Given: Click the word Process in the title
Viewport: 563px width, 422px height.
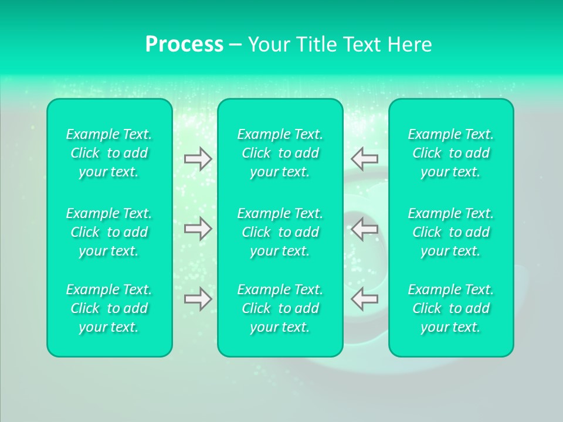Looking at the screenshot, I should (184, 45).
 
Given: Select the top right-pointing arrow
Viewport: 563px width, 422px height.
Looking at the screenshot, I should (198, 158).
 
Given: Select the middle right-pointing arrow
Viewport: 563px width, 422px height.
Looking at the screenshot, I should (198, 229).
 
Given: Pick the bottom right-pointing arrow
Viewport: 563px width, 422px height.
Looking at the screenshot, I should (198, 299).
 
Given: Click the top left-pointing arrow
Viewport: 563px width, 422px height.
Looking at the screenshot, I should (365, 158).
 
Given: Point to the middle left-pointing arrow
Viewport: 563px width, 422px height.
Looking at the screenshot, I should (365, 229).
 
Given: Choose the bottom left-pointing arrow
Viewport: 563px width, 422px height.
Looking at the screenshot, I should (365, 299).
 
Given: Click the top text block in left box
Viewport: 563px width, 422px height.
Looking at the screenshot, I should (109, 153).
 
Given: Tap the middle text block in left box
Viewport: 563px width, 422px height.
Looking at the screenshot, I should (109, 232).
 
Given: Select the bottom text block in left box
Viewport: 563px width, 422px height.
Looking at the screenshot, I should (109, 308).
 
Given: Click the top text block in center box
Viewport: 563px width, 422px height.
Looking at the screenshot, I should (280, 153).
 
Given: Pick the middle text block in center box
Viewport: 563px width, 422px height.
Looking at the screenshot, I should (280, 232).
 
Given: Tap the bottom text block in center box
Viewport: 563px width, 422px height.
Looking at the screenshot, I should (280, 308).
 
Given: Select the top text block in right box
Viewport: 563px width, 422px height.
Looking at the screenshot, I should (451, 153).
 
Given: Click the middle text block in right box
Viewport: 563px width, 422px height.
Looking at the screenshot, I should (451, 232).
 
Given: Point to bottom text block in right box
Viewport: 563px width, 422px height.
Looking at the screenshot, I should (451, 308).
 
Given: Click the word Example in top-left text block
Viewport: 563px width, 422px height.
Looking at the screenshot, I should (91, 135).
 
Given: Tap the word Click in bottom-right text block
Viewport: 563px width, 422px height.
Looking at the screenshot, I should (427, 308).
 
